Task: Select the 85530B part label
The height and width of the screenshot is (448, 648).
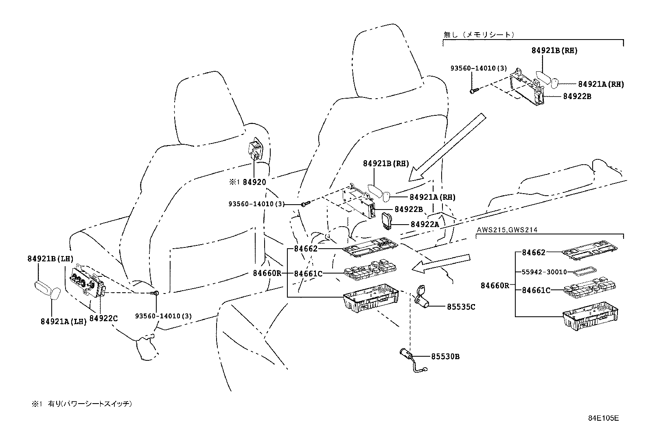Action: point(445,357)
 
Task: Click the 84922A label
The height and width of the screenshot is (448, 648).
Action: point(425,224)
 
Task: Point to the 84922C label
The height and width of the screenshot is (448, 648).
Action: point(103,318)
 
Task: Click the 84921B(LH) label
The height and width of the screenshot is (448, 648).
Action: point(50,258)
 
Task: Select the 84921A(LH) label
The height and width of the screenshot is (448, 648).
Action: point(63,321)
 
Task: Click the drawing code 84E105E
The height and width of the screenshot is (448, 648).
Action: point(603,418)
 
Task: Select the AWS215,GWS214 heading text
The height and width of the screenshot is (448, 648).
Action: point(507,230)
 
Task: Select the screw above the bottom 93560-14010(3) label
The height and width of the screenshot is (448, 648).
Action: point(155,292)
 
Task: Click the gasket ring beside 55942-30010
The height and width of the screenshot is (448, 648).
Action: point(585,271)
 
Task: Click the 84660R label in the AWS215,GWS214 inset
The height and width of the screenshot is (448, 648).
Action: point(495,286)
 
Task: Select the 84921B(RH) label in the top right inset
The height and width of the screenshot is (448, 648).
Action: point(554,51)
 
